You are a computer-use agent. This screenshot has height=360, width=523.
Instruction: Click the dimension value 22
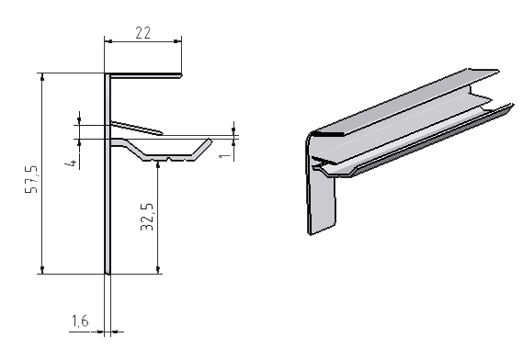pyautogui.click(x=142, y=33)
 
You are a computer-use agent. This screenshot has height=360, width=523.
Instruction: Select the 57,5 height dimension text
pyautogui.click(x=31, y=179)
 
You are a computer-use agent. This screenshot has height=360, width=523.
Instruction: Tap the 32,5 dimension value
pyautogui.click(x=147, y=217)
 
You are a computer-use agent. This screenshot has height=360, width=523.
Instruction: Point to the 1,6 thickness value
pyautogui.click(x=80, y=321)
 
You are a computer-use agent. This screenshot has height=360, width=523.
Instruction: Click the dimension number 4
pyautogui.click(x=71, y=163)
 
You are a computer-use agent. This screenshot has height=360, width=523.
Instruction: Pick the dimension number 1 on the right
pyautogui.click(x=225, y=155)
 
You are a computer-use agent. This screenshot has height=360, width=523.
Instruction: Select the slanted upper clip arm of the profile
pyautogui.click(x=137, y=128)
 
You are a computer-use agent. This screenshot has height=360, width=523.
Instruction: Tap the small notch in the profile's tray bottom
pyautogui.click(x=169, y=158)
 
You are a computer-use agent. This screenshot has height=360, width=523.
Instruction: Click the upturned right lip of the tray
pyautogui.click(x=202, y=148)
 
